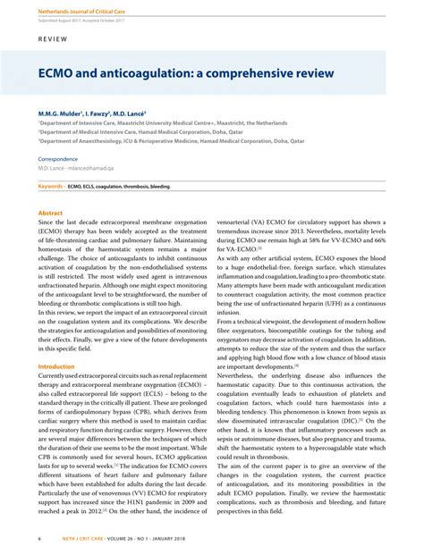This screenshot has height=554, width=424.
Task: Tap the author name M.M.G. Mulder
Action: pyautogui.click(x=59, y=113)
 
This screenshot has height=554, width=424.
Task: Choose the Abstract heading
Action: pyautogui.click(x=50, y=213)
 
